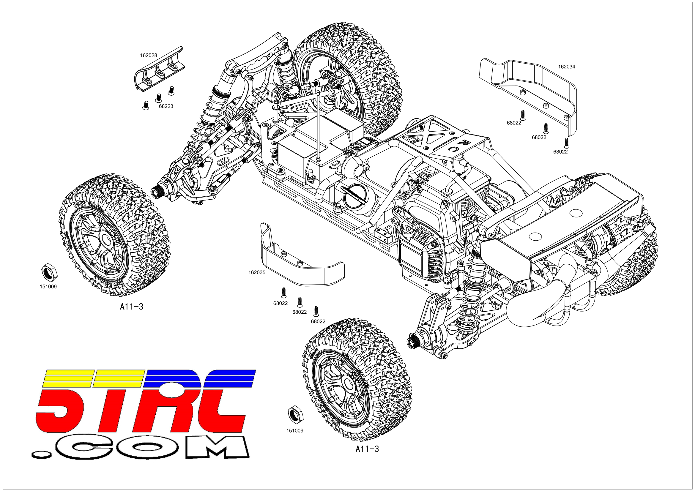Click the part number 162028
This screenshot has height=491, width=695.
click(x=148, y=55)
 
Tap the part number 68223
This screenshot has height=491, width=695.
click(x=166, y=106)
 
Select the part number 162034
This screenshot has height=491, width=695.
click(x=566, y=67)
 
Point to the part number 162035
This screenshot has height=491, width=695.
click(x=257, y=272)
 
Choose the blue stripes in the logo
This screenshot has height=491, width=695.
click(x=200, y=378)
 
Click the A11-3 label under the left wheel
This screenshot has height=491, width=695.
click(x=131, y=307)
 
